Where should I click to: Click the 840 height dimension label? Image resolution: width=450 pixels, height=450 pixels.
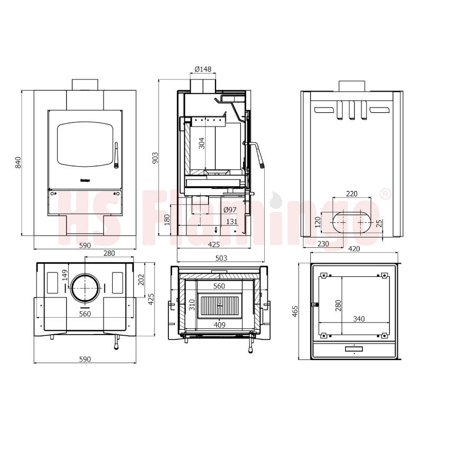coord(18,163)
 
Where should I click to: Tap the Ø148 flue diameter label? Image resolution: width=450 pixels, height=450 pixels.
coord(203,69)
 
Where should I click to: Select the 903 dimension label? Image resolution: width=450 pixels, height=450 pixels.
coord(155,158)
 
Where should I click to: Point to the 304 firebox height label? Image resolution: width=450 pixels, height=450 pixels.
coord(202,143)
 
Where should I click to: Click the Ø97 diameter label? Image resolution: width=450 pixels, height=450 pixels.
coord(230,210)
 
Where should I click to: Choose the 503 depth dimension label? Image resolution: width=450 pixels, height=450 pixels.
coord(221,258)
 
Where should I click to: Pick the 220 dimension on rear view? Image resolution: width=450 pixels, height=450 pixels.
coord(352,194)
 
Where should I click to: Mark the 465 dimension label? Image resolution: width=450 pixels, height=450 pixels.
coord(295,311)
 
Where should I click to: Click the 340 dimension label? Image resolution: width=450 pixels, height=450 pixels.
coord(359,319)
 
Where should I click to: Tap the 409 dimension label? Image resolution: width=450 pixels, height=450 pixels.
coord(220,325)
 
